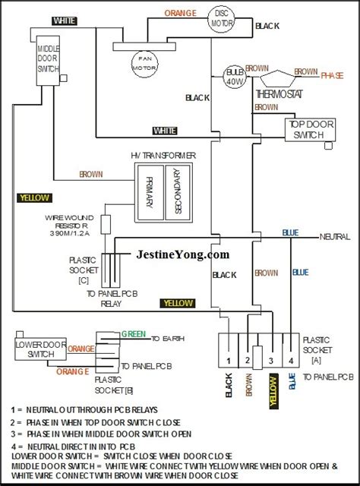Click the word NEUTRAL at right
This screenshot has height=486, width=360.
pyautogui.click(x=335, y=236)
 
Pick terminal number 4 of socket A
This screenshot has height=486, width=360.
pyautogui.click(x=289, y=358)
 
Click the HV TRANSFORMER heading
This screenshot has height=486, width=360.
pyautogui.click(x=163, y=155)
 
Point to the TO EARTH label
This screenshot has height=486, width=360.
pyautogui.click(x=169, y=339)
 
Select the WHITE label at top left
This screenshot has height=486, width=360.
pyautogui.click(x=64, y=18)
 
